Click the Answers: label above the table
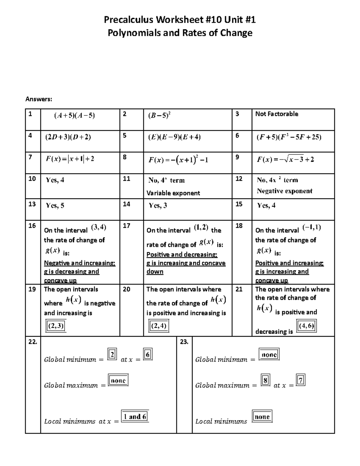point(39,99)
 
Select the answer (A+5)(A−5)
point(74,116)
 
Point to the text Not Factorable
point(277,114)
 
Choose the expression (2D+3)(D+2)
point(68,137)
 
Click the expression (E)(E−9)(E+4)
point(174,137)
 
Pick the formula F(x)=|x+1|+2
point(70,159)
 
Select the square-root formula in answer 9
point(285,159)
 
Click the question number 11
point(127,179)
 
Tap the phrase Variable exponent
point(173,193)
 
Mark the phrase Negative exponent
point(284,191)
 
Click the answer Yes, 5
point(55,206)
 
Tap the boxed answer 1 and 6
point(135,416)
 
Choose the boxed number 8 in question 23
point(265,380)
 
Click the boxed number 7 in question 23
point(301,380)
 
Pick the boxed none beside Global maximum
point(118,380)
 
